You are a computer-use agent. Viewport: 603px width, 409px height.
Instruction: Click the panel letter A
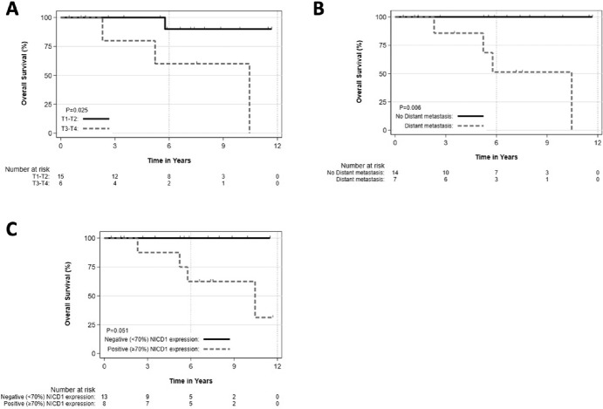click(x=12, y=10)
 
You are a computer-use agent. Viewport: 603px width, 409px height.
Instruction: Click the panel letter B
click(x=319, y=10)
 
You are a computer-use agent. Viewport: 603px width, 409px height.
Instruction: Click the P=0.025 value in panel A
click(x=77, y=111)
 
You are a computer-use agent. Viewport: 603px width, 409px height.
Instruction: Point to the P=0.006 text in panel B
click(x=410, y=107)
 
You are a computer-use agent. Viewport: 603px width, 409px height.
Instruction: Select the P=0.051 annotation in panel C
click(x=117, y=331)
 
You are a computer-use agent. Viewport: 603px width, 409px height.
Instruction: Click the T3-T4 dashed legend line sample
click(x=96, y=129)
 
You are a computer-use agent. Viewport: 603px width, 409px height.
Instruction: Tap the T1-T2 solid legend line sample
click(x=96, y=119)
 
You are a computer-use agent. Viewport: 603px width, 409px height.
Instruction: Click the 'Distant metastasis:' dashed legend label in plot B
click(x=428, y=126)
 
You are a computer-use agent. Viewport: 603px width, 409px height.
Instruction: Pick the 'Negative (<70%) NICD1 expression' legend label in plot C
click(x=152, y=339)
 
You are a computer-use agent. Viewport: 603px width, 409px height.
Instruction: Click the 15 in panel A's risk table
click(x=61, y=177)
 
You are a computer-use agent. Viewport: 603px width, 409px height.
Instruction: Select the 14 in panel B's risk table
click(x=395, y=173)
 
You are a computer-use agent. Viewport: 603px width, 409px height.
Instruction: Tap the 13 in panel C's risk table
click(x=104, y=397)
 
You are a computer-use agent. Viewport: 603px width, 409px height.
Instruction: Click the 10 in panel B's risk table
click(x=446, y=173)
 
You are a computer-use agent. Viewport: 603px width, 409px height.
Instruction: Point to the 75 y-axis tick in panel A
click(x=48, y=46)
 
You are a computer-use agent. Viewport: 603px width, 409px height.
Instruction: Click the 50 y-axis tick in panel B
click(x=382, y=73)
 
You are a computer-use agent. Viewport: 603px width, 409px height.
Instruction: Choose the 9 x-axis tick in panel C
click(x=234, y=366)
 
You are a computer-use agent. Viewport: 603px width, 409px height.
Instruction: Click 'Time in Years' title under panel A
click(x=169, y=160)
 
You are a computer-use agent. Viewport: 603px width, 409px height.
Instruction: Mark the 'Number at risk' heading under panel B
click(x=363, y=166)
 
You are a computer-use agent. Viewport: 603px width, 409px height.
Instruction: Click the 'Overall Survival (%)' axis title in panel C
click(x=68, y=294)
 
